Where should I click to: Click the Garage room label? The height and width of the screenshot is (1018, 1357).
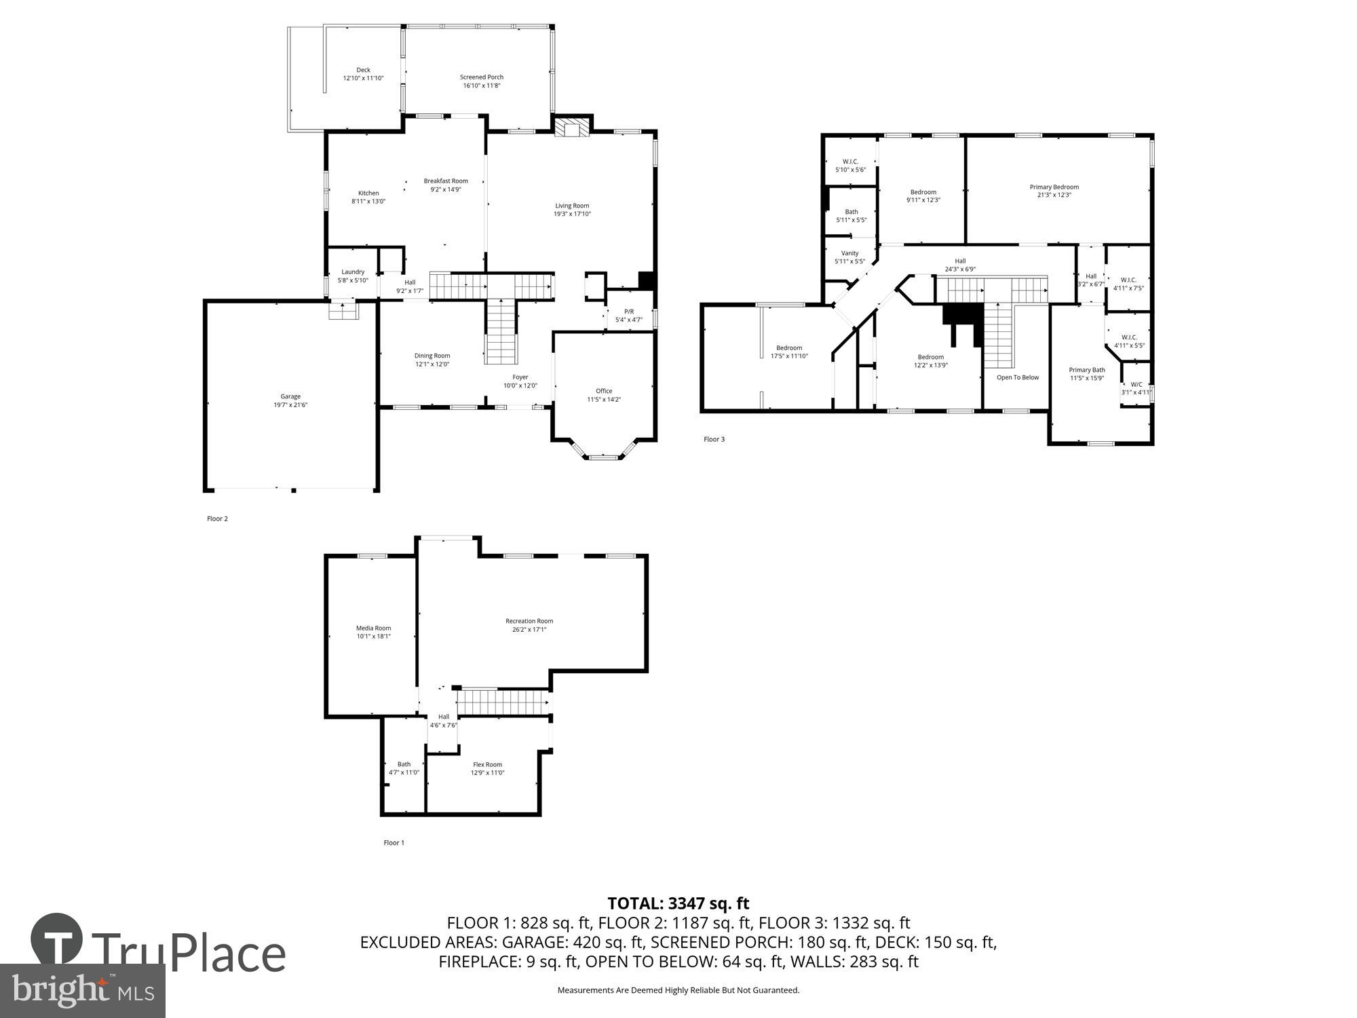(x=290, y=396)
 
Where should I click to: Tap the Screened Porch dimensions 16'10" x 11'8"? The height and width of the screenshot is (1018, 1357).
(x=482, y=86)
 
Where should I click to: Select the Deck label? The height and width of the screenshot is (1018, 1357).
(x=364, y=70)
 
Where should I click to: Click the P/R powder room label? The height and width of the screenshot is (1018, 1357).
(x=629, y=312)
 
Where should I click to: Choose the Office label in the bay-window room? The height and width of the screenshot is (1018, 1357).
(x=604, y=391)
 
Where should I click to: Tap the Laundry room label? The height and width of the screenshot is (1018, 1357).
(x=353, y=272)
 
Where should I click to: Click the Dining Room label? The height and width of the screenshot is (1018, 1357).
(x=432, y=356)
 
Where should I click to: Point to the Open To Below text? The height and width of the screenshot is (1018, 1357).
(x=1017, y=377)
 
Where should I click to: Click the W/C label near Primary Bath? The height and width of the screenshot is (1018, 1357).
(x=1136, y=384)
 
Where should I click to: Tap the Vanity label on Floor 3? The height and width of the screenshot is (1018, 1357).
(x=849, y=253)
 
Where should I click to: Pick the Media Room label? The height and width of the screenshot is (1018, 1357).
(x=373, y=628)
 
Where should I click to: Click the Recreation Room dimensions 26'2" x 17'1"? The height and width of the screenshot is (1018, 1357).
(x=529, y=630)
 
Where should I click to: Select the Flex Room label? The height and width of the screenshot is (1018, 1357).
(x=487, y=764)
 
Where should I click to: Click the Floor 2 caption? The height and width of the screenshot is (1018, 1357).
(x=217, y=519)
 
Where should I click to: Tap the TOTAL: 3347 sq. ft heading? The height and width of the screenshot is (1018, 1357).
(x=678, y=903)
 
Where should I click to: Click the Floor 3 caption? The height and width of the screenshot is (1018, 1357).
(x=714, y=439)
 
